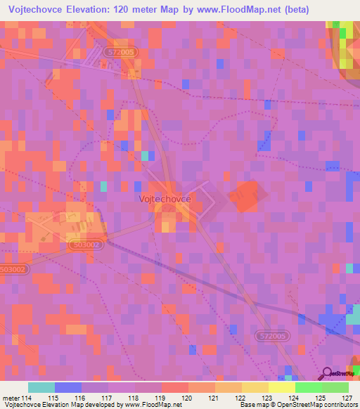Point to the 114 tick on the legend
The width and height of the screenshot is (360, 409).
(x=24, y=398)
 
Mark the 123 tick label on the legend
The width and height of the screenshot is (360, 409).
(x=268, y=398)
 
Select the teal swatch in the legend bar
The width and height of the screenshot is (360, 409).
(x=41, y=387)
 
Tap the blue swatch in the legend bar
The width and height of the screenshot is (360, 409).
(x=68, y=387)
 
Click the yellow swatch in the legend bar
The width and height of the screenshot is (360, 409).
(x=255, y=387)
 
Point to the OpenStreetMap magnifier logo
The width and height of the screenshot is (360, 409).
(x=328, y=374)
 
